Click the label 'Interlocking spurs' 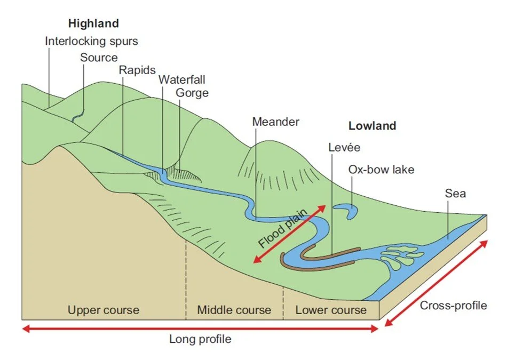point(91,41)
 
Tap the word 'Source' point(99,57)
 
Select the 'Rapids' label point(138,70)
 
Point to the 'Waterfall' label point(181,80)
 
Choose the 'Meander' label point(275,122)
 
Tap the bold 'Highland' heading point(93,23)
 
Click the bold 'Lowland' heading point(372,126)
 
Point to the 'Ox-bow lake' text point(381,170)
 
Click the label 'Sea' point(455,193)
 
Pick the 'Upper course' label point(103,310)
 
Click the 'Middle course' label point(234,310)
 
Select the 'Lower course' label point(331,310)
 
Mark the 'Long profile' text point(200,339)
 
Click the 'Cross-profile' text point(453,306)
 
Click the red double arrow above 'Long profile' point(200,329)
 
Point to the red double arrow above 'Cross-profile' point(436,283)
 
